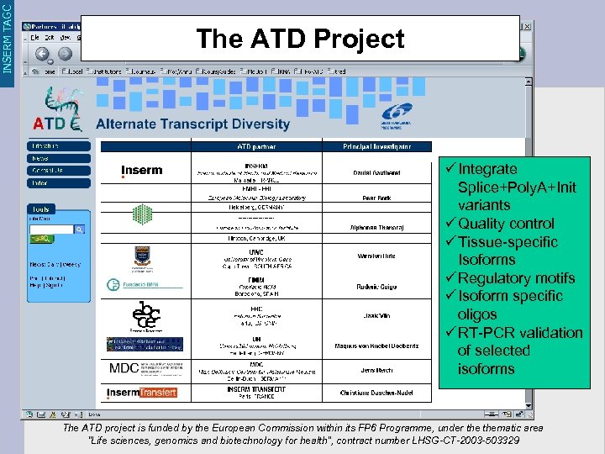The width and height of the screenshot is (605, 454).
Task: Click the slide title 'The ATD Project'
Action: tap(300, 39)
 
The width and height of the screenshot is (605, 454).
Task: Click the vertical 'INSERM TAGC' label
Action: tap(8, 37)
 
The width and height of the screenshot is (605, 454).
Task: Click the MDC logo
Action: tap(124, 368)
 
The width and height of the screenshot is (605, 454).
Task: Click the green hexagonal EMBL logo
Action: tap(142, 214)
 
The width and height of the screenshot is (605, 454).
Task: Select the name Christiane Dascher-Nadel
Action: tap(376, 393)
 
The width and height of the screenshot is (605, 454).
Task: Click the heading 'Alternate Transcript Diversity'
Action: tap(193, 124)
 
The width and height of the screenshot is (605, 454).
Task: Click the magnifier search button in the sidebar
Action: tap(79, 229)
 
